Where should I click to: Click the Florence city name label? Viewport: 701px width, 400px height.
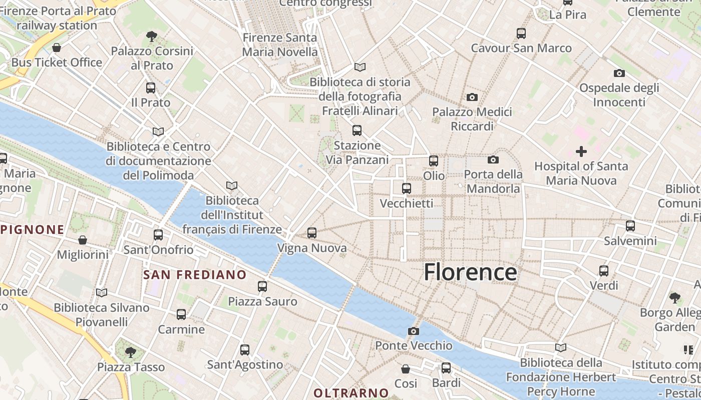(470, 272)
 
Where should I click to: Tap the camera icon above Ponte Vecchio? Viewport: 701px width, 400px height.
(414, 331)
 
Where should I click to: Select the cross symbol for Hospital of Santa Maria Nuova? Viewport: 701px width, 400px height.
(581, 151)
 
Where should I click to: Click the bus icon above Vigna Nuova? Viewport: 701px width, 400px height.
(312, 233)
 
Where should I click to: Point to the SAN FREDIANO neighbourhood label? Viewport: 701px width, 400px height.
(195, 274)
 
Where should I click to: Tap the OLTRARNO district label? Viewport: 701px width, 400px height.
(351, 393)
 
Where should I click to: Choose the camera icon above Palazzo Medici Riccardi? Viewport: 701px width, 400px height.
(472, 97)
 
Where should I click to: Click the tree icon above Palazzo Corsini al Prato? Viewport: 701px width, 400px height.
(152, 36)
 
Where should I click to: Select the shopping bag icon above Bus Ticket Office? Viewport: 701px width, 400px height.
(57, 48)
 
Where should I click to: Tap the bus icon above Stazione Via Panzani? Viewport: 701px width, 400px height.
(357, 130)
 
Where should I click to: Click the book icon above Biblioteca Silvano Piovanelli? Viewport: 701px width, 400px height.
(102, 292)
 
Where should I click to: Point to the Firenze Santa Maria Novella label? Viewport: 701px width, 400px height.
(280, 44)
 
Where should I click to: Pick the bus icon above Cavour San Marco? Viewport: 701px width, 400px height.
(521, 33)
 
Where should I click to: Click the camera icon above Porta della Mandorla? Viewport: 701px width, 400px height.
(493, 160)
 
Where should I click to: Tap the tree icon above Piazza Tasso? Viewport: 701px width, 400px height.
(131, 352)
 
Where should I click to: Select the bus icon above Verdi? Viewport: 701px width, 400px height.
(604, 271)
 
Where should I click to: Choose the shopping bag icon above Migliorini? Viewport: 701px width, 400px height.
(83, 240)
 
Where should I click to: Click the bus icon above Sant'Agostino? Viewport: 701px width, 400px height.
(245, 350)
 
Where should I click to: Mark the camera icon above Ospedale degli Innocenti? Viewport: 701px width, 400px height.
(619, 73)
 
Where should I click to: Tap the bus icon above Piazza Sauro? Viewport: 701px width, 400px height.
(262, 286)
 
